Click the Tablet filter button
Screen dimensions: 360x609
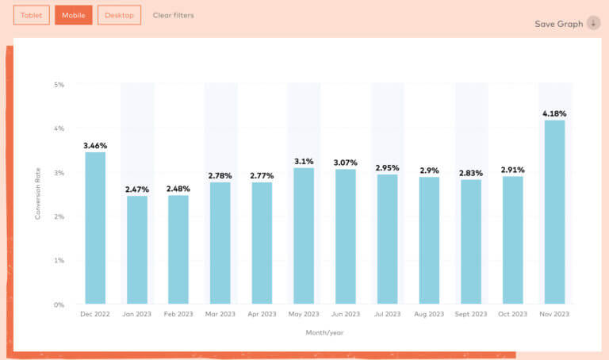pyautogui.click(x=32, y=15)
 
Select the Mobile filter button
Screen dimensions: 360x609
pyautogui.click(x=74, y=15)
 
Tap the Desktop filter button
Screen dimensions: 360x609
pyautogui.click(x=119, y=15)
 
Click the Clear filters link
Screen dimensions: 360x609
pyautogui.click(x=173, y=15)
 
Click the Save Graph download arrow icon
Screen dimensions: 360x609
pyautogui.click(x=593, y=23)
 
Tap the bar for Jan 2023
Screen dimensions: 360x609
pyautogui.click(x=137, y=250)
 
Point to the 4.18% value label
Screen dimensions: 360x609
pyautogui.click(x=554, y=113)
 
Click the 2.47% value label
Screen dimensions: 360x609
pyautogui.click(x=137, y=190)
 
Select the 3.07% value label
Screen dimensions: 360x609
pyautogui.click(x=346, y=163)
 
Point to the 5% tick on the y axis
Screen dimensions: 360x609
pyautogui.click(x=59, y=84)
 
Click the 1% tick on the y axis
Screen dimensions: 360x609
pyautogui.click(x=59, y=260)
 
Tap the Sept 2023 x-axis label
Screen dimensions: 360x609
pyautogui.click(x=470, y=315)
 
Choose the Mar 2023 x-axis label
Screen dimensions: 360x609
pyautogui.click(x=220, y=315)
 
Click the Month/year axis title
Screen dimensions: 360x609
pyautogui.click(x=324, y=332)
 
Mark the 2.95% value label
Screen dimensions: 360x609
pyautogui.click(x=387, y=168)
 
